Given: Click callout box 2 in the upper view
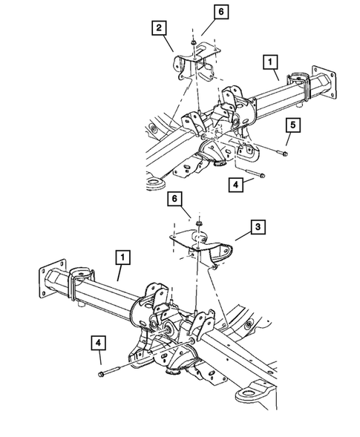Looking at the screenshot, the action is (159, 27).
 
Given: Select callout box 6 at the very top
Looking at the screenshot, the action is (221, 12).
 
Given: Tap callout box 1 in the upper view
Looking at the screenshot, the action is (270, 62).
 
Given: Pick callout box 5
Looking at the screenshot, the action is (292, 125).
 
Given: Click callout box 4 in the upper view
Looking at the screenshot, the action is (236, 185).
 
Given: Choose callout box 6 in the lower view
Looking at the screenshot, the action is (174, 199).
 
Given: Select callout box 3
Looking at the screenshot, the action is (258, 227).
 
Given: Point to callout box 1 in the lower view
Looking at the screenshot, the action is (122, 257).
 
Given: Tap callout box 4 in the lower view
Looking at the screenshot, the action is (98, 343).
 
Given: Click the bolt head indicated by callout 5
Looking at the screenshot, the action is (284, 154).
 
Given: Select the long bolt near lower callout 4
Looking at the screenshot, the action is (109, 371).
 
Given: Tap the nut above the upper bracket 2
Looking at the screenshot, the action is (193, 42).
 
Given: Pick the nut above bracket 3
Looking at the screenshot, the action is (199, 223).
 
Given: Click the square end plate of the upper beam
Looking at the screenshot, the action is (324, 82).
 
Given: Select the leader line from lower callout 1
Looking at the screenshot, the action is (120, 273).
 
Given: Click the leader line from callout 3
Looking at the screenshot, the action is (243, 237).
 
